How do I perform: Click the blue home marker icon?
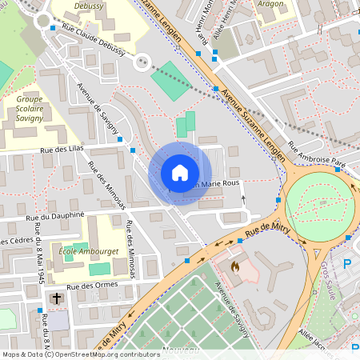point(180,173)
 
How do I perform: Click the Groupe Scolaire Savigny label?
point(30,111)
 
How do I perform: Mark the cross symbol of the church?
point(56,299)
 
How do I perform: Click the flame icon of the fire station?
point(235,266)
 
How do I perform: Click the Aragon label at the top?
point(270,4)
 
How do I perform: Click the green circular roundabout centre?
point(318,205)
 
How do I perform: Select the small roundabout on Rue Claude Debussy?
point(143,61)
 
